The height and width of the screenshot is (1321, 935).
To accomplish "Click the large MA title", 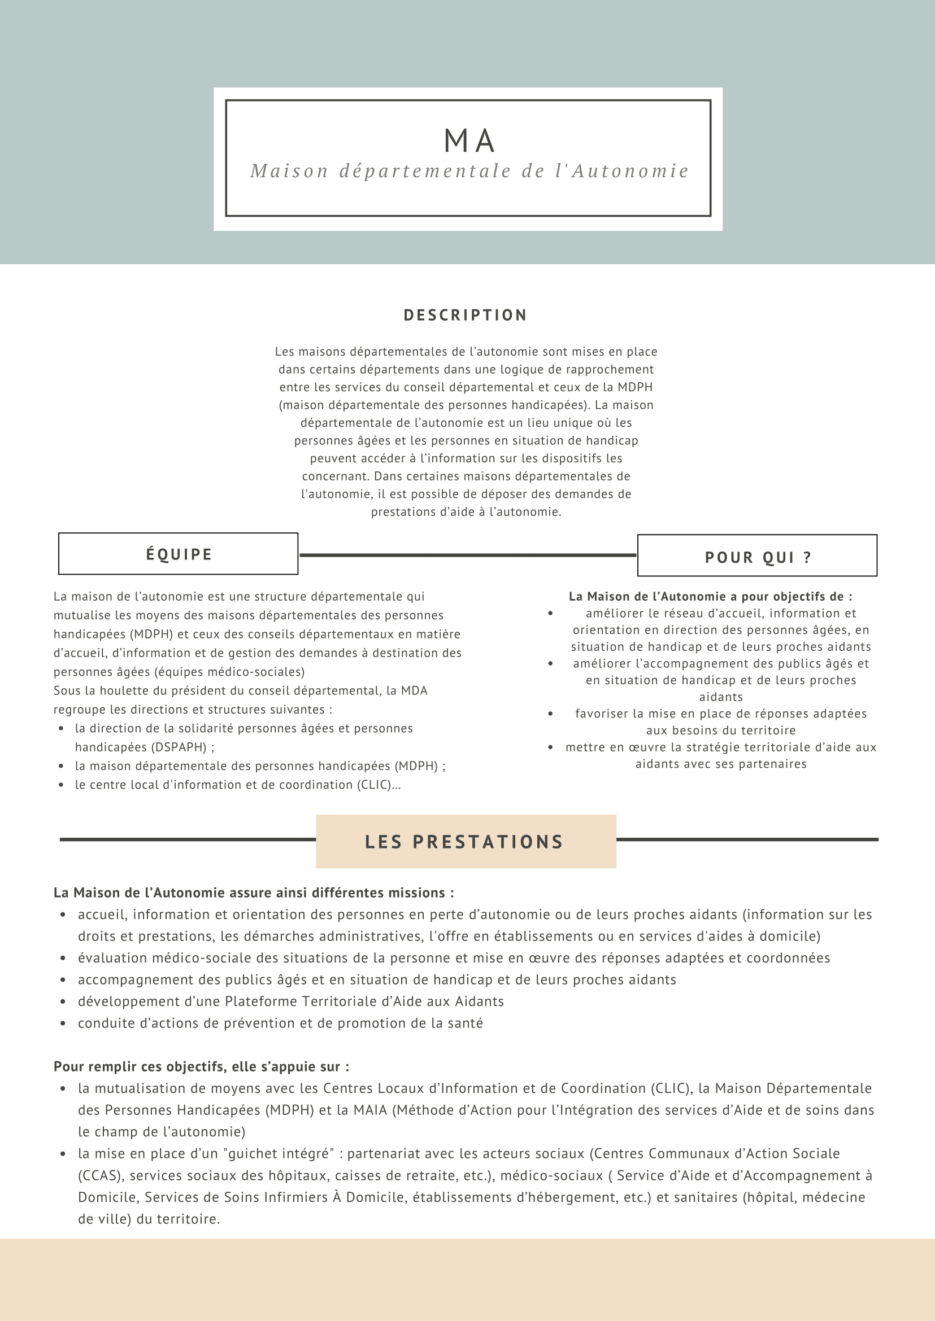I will pos(469,141).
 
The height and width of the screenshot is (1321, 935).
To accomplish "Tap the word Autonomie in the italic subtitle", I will pos(630,172).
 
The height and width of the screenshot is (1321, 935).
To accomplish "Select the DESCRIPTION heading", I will pos(465,316).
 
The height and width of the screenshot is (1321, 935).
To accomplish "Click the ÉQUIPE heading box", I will pos(179,554).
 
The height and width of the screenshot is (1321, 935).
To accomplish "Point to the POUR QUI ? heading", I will pos(758,557).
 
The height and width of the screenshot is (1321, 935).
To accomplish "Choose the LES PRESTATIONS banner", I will pos(465,842).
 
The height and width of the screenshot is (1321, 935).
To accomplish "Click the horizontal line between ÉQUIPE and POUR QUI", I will pos(468,555).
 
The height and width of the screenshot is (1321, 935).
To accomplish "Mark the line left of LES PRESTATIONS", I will pos(187,839).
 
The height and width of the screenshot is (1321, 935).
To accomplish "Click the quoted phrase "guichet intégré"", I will pos(281,1153).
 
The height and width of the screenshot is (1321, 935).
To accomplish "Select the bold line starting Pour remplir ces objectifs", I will pos(202,1066).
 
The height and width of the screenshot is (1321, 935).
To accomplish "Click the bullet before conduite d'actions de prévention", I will pos(63,1023).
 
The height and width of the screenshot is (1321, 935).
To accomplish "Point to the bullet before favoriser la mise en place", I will pos(550,714).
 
